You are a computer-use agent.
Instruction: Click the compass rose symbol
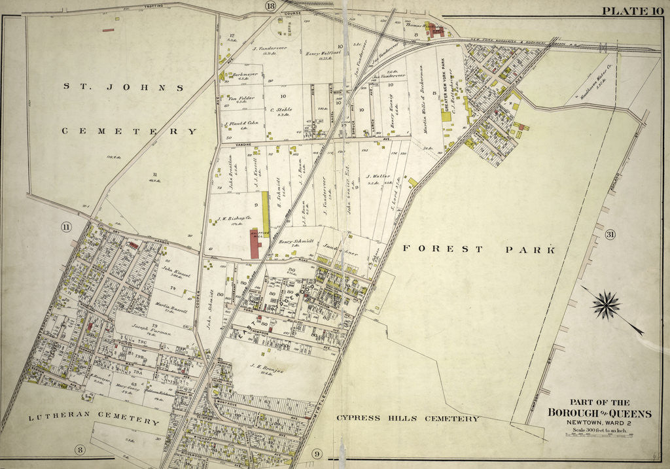tap(607, 305)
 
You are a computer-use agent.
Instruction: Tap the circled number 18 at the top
tap(271, 6)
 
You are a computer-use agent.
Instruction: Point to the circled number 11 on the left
tap(65, 227)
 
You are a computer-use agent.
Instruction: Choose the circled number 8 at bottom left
tap(80, 449)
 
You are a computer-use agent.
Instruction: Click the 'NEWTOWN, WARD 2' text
tap(599, 423)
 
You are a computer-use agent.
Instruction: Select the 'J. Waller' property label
tap(378, 176)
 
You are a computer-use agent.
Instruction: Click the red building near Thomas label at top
tap(436, 31)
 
